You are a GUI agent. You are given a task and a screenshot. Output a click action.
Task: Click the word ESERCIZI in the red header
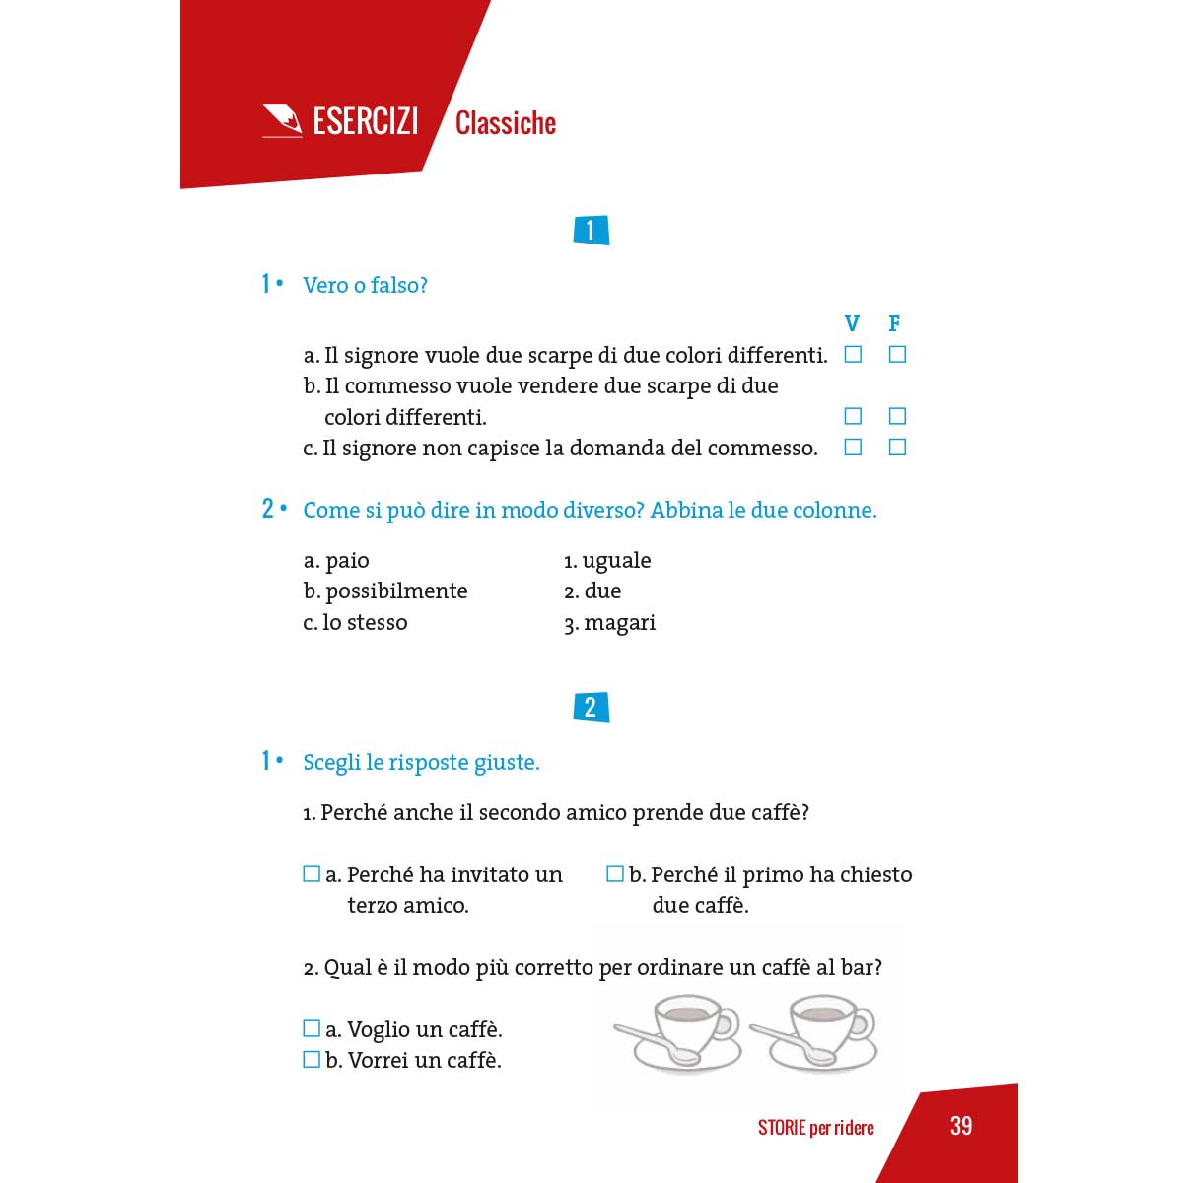(365, 121)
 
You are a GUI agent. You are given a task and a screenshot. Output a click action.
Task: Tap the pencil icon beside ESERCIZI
(282, 120)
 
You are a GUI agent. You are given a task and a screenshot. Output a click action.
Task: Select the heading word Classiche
(506, 123)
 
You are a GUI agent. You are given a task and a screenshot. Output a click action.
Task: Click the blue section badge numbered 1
(591, 230)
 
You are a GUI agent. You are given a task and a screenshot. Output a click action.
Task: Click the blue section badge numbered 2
(591, 707)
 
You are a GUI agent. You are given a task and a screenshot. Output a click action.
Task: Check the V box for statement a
(853, 354)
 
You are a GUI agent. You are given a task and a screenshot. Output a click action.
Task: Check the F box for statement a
(897, 354)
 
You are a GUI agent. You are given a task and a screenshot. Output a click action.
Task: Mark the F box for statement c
(897, 448)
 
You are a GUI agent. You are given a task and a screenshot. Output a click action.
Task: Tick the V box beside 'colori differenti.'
(853, 416)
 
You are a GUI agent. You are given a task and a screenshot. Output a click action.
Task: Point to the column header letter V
(853, 323)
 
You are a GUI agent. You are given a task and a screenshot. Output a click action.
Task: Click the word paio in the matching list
(347, 561)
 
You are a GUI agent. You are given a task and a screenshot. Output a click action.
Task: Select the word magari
(619, 623)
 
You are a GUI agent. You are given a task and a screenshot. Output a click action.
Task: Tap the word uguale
(616, 561)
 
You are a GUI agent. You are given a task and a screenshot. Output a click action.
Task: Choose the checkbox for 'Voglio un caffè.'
(312, 1029)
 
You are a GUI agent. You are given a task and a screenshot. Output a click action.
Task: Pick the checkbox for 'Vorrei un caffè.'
(312, 1060)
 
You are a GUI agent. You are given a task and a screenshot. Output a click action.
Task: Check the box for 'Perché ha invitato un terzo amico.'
(312, 873)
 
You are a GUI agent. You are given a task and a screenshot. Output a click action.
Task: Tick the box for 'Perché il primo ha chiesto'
(615, 873)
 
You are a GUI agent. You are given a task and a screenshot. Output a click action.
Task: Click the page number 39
(961, 1126)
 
